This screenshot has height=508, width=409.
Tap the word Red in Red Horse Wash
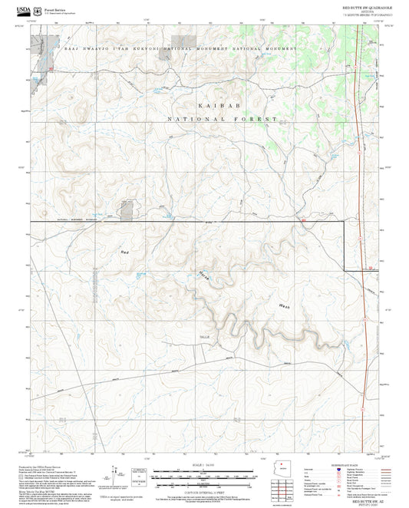125,252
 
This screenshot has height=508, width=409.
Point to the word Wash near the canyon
284,305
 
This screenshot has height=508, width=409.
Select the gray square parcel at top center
181,41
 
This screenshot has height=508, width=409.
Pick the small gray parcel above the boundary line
127,210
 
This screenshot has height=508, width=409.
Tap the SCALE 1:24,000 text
203,465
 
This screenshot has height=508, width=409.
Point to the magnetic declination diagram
119,473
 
